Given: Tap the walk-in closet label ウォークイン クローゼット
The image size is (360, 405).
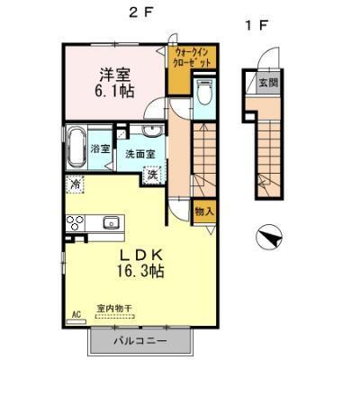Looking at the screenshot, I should tap(193, 58).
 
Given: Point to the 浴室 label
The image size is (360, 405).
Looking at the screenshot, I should tap(100, 148).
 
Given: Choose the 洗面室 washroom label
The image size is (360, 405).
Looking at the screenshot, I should tap(140, 154).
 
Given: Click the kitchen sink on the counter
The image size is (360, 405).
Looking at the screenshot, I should tap(112, 222).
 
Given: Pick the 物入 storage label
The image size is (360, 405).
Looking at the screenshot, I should tap(204, 211).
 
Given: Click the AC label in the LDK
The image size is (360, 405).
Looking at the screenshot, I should tap(76, 315).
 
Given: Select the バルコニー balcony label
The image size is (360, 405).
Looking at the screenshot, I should tap(140, 342).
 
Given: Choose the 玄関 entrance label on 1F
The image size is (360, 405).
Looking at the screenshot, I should tap(269, 83).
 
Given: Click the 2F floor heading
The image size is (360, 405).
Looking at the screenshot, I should tap(137, 12).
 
